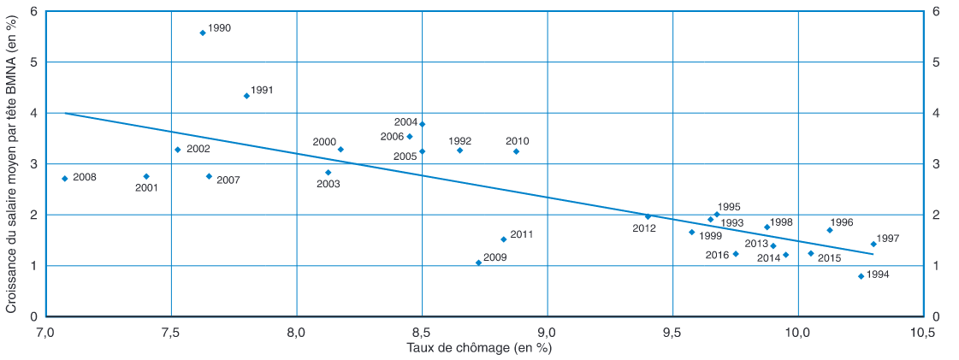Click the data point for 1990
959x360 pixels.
(x=203, y=32)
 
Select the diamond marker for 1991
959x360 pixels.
(x=246, y=96)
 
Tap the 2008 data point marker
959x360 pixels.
(x=65, y=179)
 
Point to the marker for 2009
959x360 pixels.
(x=478, y=263)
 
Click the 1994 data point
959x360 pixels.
(x=861, y=276)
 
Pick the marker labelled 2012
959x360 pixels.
(x=648, y=216)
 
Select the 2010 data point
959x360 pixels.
(x=516, y=151)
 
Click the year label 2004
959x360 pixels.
(x=406, y=123)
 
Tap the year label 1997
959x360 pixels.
(x=888, y=239)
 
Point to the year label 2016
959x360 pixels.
(x=717, y=255)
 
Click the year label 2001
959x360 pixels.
(x=147, y=188)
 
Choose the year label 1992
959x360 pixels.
(x=459, y=141)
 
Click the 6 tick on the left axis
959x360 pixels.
(x=34, y=12)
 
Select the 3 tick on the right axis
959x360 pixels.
(x=936, y=164)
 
